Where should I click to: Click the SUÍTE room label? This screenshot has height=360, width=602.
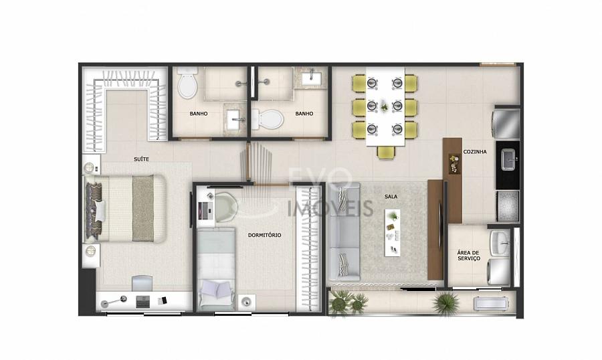point(141,159)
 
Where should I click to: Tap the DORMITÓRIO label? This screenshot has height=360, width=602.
point(264,235)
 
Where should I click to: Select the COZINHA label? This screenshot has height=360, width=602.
point(475,152)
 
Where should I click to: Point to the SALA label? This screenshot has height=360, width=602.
point(391,197)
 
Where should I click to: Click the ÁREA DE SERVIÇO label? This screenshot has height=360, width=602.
point(468,256)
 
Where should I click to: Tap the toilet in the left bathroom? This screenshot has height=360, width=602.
point(187,82)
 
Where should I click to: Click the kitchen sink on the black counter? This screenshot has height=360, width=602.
point(508,160)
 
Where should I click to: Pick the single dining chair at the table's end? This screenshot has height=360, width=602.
point(385,153)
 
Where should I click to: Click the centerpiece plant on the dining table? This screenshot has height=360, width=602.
point(385,106)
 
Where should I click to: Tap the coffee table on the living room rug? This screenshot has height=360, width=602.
point(393,233)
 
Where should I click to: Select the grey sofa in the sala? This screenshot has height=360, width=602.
point(344,232)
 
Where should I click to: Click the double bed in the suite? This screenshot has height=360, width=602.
point(125,209)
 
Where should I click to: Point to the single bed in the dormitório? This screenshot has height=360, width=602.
point(216,269)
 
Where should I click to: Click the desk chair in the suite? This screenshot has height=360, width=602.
point(142,283)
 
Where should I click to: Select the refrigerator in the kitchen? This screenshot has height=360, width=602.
point(506,124)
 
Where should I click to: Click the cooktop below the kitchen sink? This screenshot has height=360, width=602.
point(508,206)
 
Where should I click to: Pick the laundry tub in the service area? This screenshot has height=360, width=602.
point(500,243)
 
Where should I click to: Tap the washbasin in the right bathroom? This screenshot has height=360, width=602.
point(313,78)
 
